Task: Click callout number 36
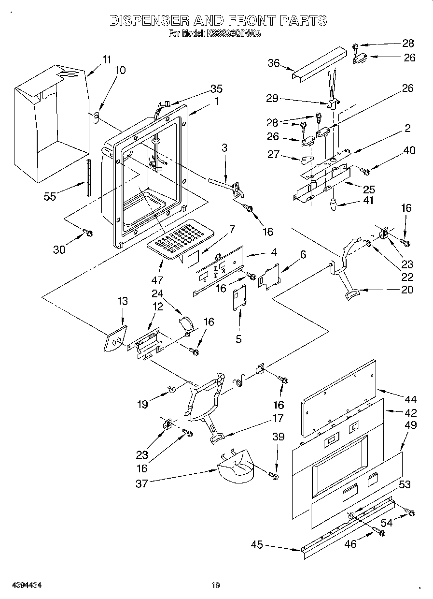[274, 63]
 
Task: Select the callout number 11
[106, 60]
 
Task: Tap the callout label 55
[50, 196]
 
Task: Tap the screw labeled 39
[276, 477]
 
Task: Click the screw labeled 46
[381, 533]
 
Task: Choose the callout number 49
[411, 425]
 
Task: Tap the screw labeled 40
[364, 171]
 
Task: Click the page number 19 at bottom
[215, 585]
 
